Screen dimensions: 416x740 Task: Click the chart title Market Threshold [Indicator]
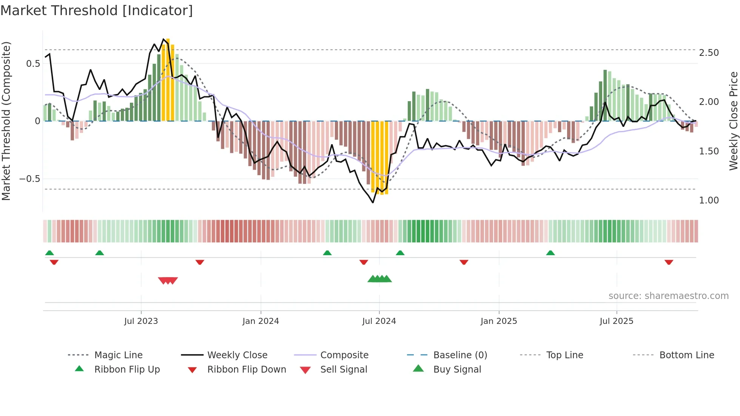(97, 11)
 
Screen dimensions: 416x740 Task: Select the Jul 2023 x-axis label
(141, 321)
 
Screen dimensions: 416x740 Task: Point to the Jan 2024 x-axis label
(261, 321)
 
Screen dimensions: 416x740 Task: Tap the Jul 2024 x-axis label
(379, 321)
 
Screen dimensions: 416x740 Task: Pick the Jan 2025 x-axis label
(499, 321)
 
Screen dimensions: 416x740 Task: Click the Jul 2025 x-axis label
(617, 321)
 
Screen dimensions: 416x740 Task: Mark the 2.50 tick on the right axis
(709, 53)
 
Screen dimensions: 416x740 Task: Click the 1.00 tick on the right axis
(709, 200)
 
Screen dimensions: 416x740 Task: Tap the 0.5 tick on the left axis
(33, 63)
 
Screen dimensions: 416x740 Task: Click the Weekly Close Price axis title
(733, 121)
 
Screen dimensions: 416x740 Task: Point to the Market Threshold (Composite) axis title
(6, 121)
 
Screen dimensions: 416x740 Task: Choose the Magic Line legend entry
(118, 355)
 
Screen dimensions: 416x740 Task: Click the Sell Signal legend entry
(344, 370)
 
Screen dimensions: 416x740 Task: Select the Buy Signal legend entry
(457, 370)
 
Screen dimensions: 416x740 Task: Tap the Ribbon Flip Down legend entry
(247, 370)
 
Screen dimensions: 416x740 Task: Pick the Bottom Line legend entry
(686, 355)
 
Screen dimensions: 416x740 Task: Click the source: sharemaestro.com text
(668, 296)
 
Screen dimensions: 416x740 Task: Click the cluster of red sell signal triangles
(168, 280)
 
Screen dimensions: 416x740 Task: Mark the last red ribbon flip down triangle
(669, 262)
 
